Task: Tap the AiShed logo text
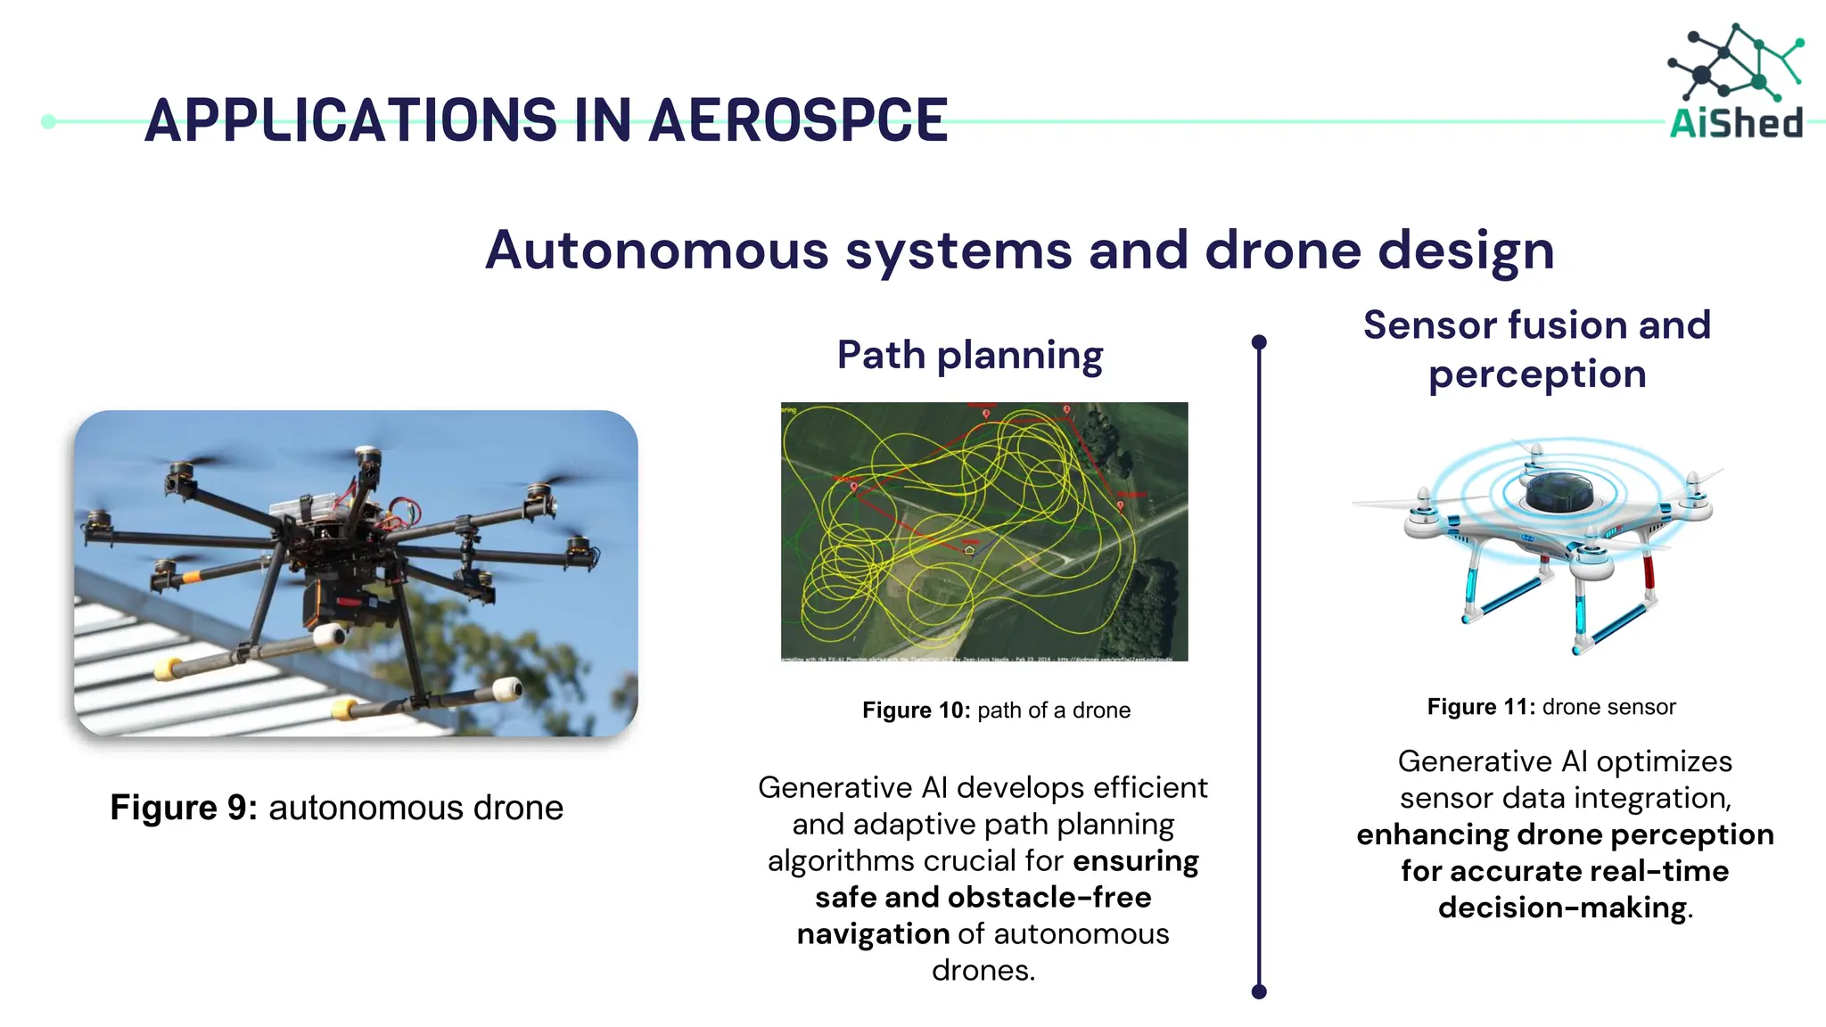(x=1735, y=123)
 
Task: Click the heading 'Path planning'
(x=969, y=355)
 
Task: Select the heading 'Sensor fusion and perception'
(x=1536, y=349)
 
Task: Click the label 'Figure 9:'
(x=183, y=808)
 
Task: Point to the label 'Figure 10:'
(x=916, y=711)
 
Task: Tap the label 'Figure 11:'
(x=1481, y=707)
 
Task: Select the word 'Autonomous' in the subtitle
(x=656, y=251)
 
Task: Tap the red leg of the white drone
(x=1648, y=571)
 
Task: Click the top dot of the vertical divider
(x=1259, y=342)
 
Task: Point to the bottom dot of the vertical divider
(x=1259, y=991)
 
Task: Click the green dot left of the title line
(x=49, y=121)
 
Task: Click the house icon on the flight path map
(x=969, y=550)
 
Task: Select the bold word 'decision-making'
(x=1562, y=908)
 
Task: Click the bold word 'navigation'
(x=873, y=933)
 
